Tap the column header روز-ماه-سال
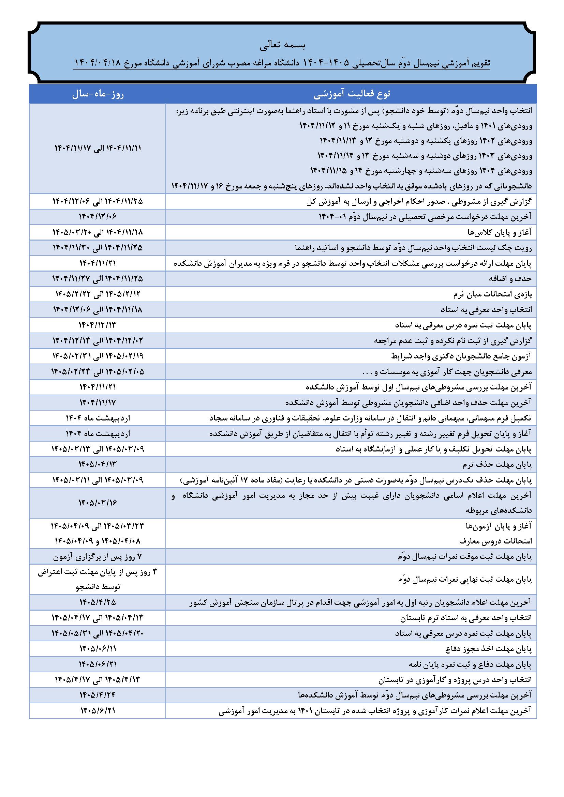pos(98,94)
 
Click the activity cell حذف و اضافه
pos(509,279)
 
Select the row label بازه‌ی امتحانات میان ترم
pos(492,294)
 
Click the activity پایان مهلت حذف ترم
pos(497,464)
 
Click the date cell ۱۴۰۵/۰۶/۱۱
pos(98,648)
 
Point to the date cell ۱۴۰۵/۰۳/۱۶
pos(98,503)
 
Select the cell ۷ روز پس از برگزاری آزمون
pos(98,557)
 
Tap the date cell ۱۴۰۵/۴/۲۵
pos(98,601)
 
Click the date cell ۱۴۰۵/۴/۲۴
pos(98,695)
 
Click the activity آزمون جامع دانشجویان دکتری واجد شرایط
pos(462,356)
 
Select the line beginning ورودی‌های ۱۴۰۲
pos(426,141)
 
